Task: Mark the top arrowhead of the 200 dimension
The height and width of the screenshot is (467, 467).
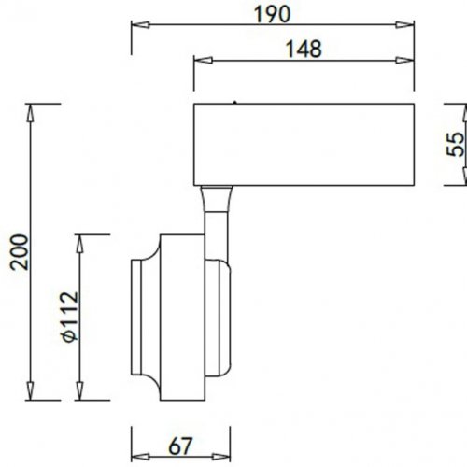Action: (x=34, y=106)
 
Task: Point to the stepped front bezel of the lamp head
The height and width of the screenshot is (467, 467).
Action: (x=144, y=318)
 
